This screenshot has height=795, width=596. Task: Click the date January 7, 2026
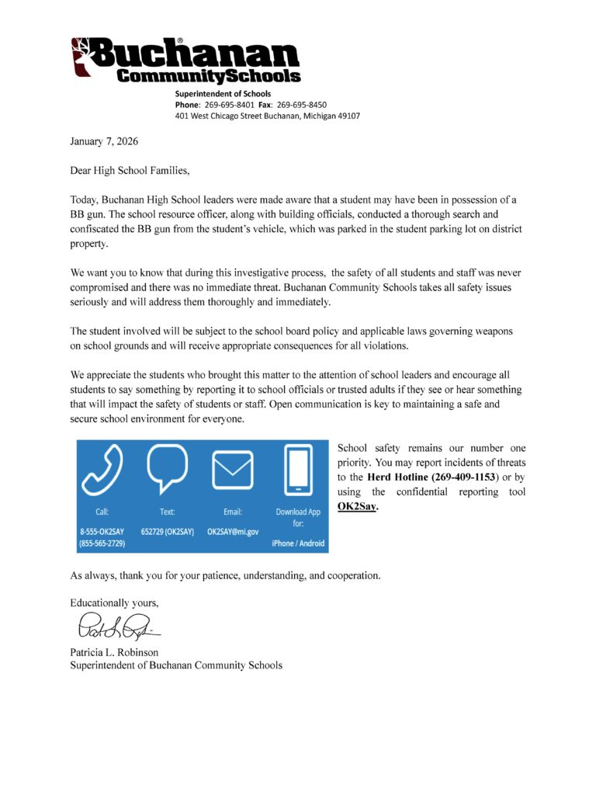tap(105, 141)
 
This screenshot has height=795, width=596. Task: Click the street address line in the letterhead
tap(267, 116)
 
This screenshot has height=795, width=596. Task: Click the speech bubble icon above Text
tap(167, 468)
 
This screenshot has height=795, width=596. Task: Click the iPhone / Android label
tap(298, 543)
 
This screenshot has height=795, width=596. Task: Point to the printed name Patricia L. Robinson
tap(114, 652)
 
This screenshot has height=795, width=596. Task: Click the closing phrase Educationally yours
tap(114, 602)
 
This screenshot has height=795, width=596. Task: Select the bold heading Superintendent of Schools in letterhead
tap(223, 94)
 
